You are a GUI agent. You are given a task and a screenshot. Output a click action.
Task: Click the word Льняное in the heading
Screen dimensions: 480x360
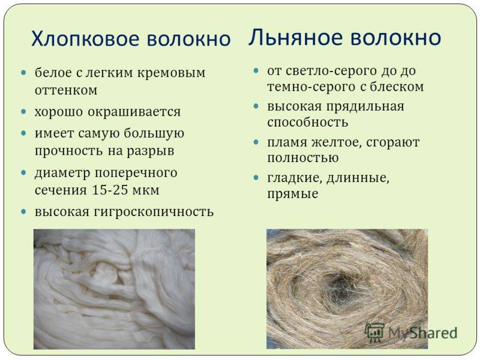(x=295, y=37)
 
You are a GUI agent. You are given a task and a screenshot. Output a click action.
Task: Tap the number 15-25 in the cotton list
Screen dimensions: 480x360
(x=110, y=190)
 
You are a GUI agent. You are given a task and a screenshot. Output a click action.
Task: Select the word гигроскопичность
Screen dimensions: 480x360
(x=154, y=212)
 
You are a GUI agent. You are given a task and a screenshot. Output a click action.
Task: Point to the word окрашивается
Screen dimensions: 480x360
(x=134, y=112)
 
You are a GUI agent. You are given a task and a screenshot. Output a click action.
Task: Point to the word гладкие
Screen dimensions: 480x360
(x=295, y=178)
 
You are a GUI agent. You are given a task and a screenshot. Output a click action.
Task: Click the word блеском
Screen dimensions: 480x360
(x=397, y=87)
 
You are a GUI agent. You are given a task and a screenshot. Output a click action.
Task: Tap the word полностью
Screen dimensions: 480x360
(x=303, y=158)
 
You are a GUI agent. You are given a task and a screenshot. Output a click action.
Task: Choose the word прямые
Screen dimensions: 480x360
(x=293, y=194)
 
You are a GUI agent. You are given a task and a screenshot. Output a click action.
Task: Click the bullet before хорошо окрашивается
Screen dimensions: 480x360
(x=24, y=111)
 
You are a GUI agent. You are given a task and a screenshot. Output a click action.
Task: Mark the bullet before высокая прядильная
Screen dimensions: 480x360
(x=257, y=106)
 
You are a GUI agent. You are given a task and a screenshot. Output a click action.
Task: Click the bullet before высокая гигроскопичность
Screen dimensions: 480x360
(x=24, y=211)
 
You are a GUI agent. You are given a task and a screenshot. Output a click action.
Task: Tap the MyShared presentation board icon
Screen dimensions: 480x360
(x=374, y=332)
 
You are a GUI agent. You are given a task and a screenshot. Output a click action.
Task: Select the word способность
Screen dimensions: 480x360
(x=308, y=123)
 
